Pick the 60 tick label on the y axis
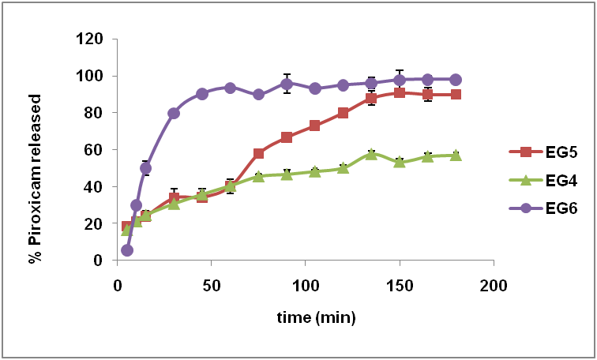(x=92, y=149)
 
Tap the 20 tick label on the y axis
(x=92, y=223)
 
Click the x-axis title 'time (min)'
(x=316, y=317)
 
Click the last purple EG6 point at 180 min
(x=456, y=80)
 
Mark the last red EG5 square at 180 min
(x=456, y=94)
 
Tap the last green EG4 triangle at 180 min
(x=456, y=155)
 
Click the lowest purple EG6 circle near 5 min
(x=127, y=250)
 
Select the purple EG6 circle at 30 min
(x=174, y=113)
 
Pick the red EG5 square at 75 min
(x=258, y=153)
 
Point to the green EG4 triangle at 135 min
(x=371, y=153)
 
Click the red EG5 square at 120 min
(x=343, y=113)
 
